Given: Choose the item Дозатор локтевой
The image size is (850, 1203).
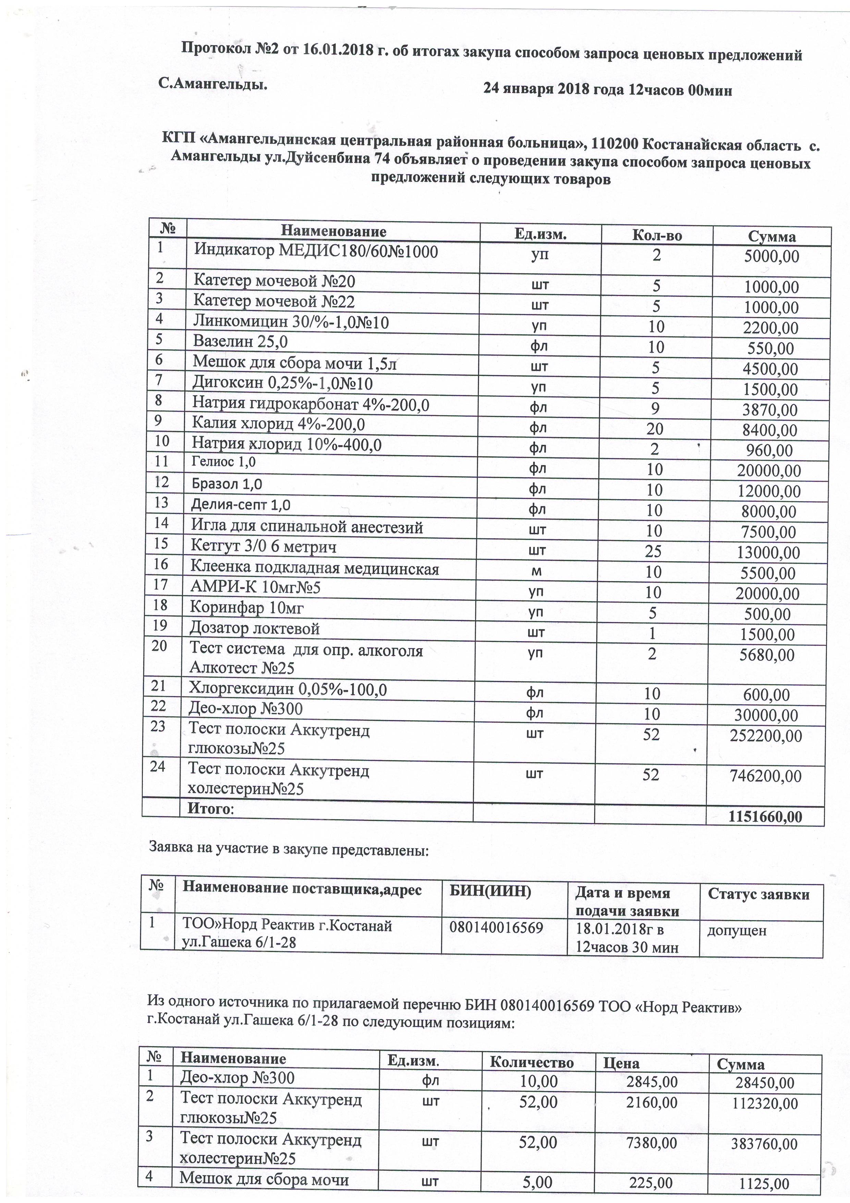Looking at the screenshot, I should click(255, 628).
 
